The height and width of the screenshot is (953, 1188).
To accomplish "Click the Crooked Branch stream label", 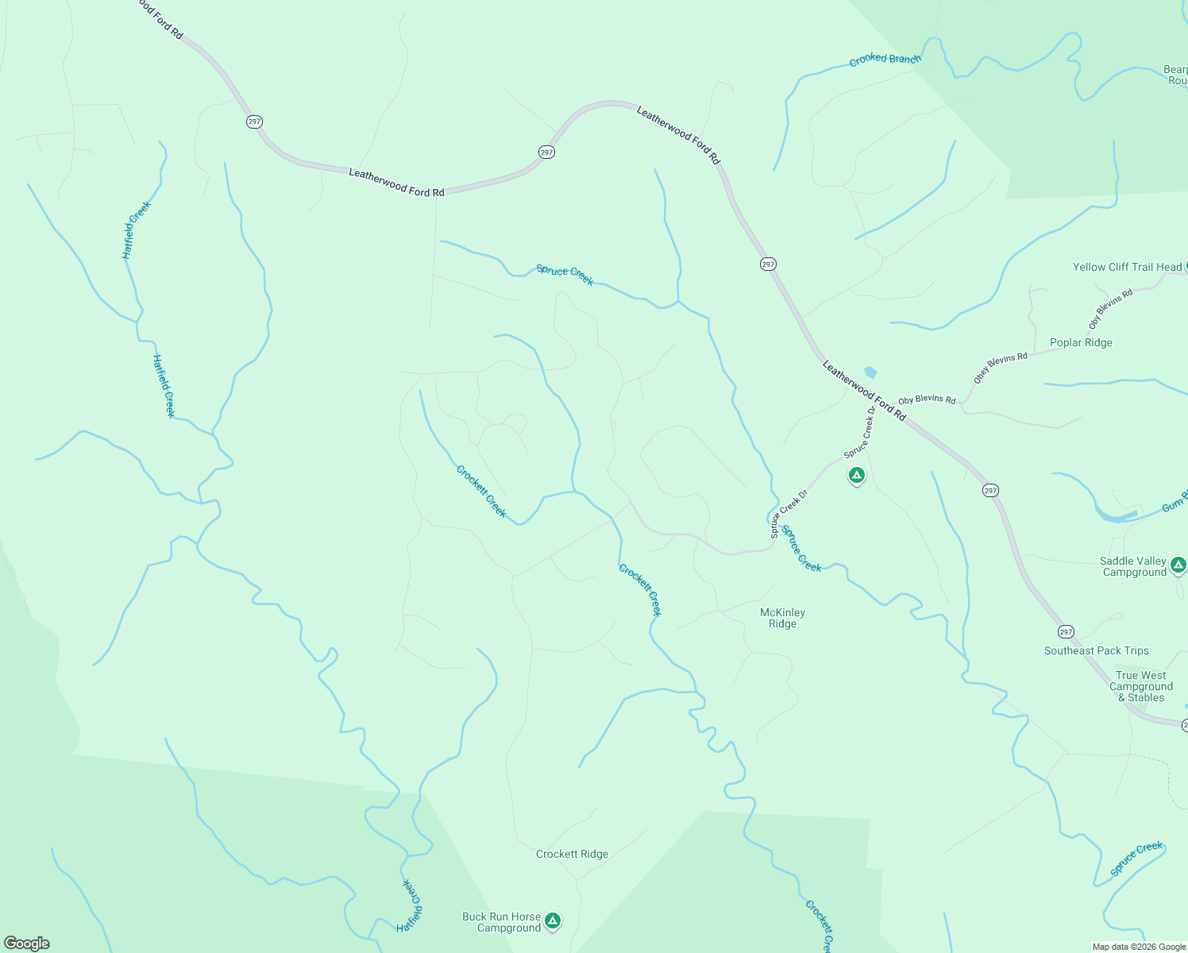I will (x=885, y=60).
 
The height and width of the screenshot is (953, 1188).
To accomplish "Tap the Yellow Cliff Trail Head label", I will (x=1127, y=267).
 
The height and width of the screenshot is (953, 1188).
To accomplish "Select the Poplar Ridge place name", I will (x=1081, y=342).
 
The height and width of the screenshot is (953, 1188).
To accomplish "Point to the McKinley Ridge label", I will (x=782, y=618).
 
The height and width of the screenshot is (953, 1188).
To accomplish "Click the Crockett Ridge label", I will (x=572, y=854).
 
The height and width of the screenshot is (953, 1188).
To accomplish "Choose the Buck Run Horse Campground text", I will (x=502, y=922).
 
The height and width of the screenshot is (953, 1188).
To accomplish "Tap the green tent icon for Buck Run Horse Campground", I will (x=553, y=920).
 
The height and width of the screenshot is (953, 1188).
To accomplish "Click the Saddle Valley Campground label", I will (x=1133, y=566).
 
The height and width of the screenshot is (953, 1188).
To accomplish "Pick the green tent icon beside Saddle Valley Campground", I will (x=1178, y=565).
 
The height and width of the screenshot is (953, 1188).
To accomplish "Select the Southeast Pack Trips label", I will (x=1096, y=650).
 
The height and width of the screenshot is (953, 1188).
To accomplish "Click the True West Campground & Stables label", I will (x=1141, y=686).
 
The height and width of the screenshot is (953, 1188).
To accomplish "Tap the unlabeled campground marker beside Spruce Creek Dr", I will (x=856, y=476).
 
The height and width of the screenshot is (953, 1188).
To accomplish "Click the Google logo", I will (x=27, y=943).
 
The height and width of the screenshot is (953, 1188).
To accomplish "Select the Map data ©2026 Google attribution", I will (x=1139, y=947).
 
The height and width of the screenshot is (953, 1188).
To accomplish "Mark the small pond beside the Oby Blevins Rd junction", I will (x=870, y=372).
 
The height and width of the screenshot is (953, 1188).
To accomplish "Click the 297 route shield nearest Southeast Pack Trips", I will (x=1066, y=632).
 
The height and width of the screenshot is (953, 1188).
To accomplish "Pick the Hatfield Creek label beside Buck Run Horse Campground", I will (x=410, y=905).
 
